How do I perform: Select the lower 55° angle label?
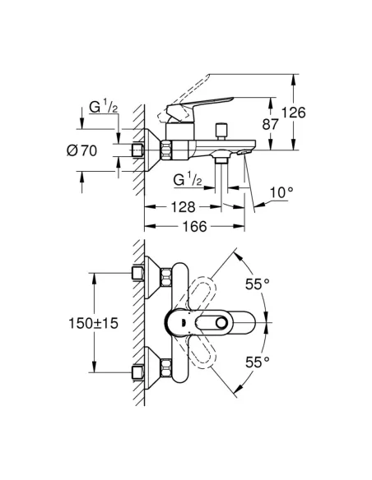coord(257,362)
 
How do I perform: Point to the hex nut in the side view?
coord(168,150)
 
